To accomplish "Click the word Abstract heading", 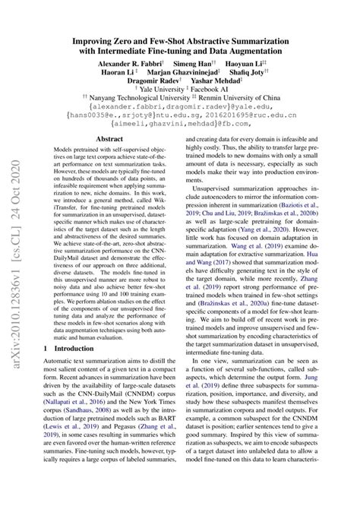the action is pos(109,138).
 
